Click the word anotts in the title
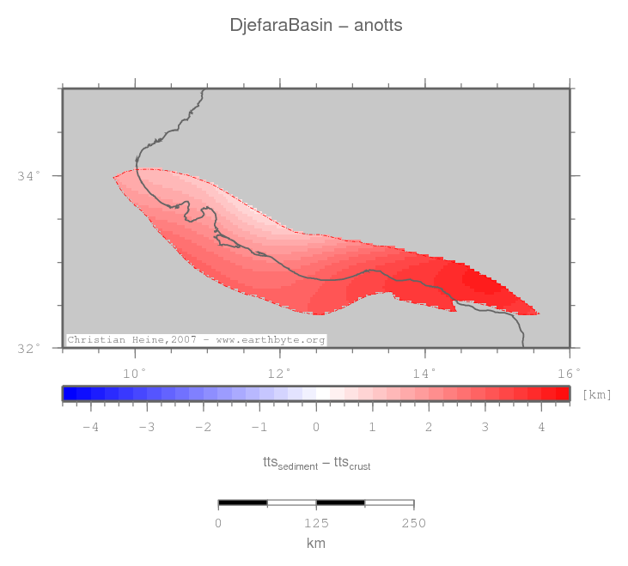(x=378, y=26)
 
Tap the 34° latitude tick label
(x=28, y=176)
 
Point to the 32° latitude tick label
(x=28, y=349)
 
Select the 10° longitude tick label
(x=135, y=372)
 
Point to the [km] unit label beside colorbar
(x=596, y=394)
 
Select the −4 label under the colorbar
(x=90, y=427)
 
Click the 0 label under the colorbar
(x=316, y=427)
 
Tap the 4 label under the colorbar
(x=541, y=427)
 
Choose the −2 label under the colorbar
(x=203, y=427)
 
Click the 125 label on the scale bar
(x=316, y=524)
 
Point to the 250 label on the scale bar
(x=414, y=524)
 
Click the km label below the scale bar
(x=316, y=544)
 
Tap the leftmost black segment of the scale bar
(x=243, y=502)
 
